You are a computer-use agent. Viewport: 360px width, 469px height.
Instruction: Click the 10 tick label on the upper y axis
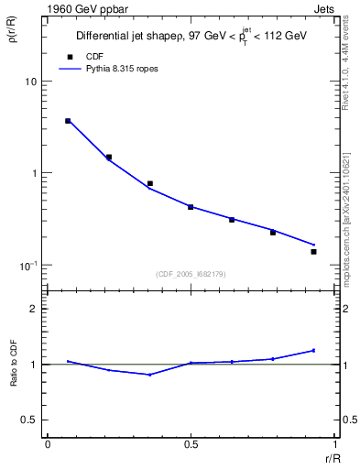click(x=30, y=82)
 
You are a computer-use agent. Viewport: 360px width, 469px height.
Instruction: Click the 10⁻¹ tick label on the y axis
click(x=27, y=265)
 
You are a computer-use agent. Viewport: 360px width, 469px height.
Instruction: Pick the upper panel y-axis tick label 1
click(x=34, y=173)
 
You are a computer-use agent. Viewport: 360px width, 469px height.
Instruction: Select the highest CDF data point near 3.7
click(x=68, y=121)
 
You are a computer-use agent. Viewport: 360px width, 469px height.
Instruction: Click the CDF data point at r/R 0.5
click(x=191, y=207)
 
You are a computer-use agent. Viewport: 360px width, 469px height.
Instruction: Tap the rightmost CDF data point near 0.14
click(x=313, y=251)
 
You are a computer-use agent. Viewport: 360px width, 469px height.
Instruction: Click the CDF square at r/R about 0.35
click(x=150, y=183)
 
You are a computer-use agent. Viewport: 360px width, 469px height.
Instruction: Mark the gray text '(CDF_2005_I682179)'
click(x=191, y=273)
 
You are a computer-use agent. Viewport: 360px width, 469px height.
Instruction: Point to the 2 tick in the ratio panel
click(x=34, y=309)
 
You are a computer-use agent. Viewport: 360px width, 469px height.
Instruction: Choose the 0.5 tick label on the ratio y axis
click(x=30, y=420)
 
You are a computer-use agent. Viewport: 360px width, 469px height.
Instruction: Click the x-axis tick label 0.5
click(x=191, y=443)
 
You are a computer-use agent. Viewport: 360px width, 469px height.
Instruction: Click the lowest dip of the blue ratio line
click(x=150, y=375)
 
